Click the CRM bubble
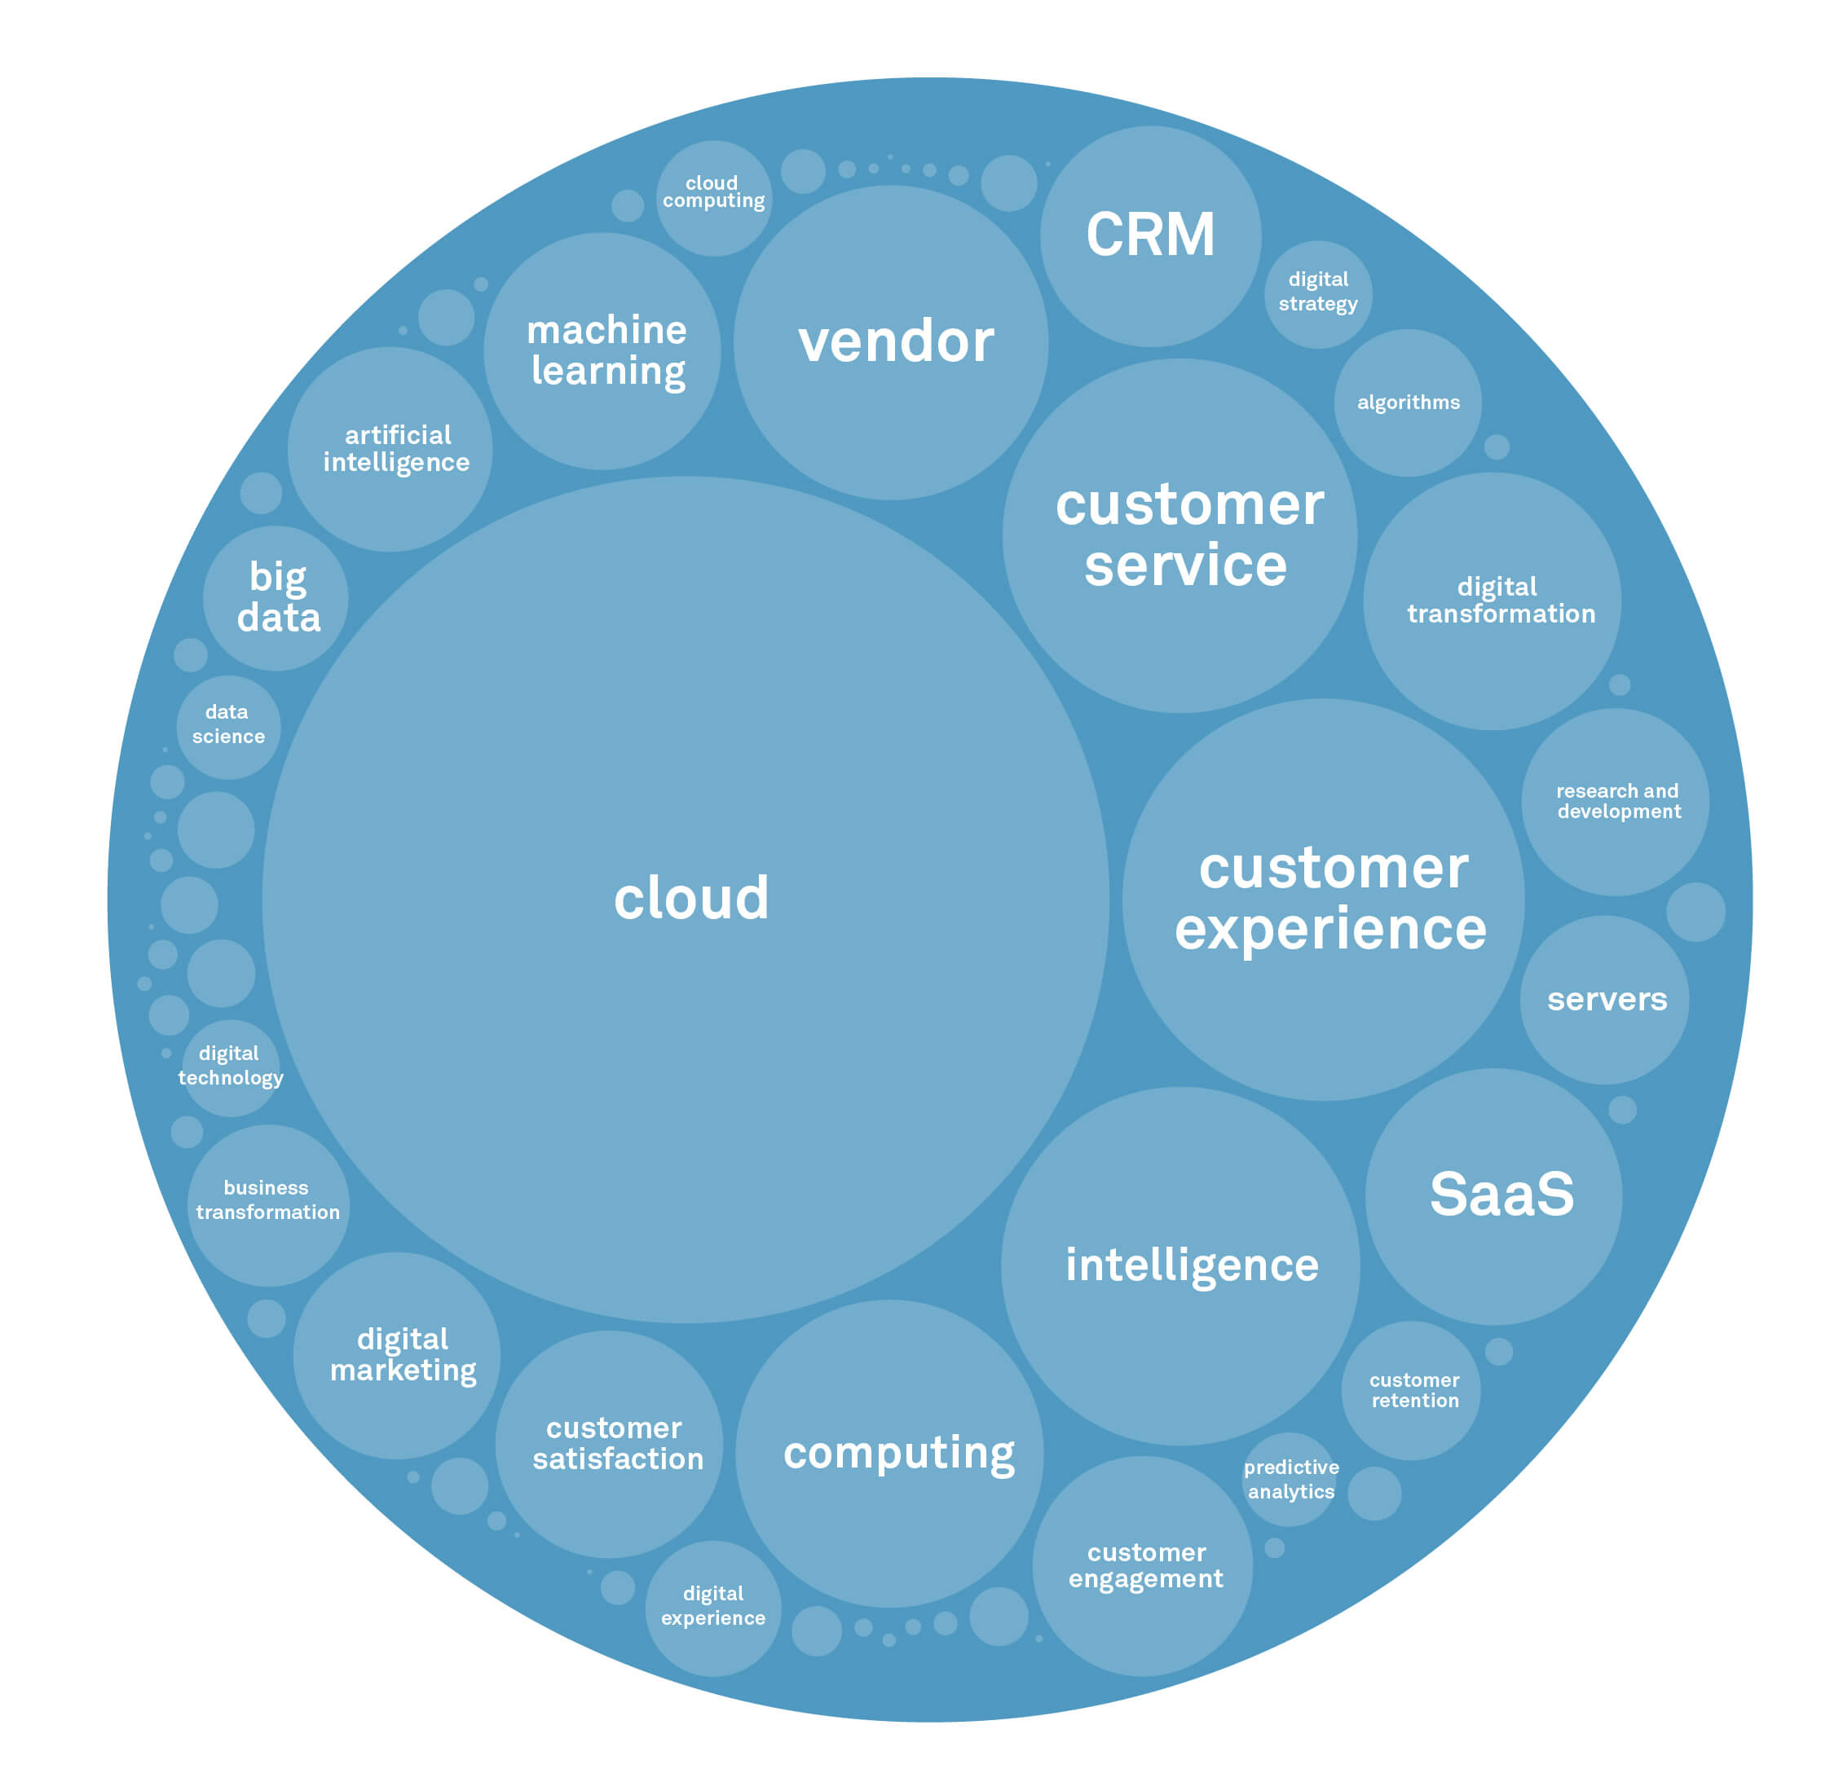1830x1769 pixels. coord(1150,236)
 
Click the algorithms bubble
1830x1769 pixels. coord(1408,403)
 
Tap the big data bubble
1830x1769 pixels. coord(276,597)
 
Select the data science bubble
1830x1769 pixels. coord(229,726)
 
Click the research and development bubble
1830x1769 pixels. coord(1616,802)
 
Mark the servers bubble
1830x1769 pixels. coord(1604,1000)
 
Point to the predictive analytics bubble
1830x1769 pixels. coord(1290,1480)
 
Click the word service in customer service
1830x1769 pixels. coord(1186,566)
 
